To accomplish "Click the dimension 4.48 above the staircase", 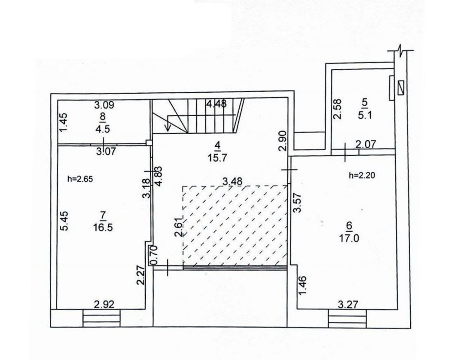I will coord(216,103).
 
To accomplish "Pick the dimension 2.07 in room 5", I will coord(365,144).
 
